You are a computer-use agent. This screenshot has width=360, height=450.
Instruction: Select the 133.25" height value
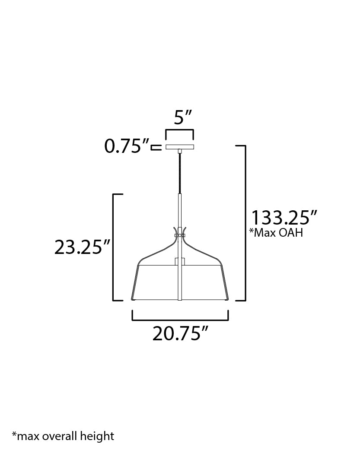(285, 217)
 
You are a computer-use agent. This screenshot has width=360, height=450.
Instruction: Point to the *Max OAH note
(276, 233)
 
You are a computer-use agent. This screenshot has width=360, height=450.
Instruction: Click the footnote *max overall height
(63, 436)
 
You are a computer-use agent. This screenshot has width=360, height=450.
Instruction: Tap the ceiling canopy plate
(180, 147)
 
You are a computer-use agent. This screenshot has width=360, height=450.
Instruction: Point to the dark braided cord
(179, 173)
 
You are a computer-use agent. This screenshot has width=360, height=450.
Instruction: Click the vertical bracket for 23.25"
(114, 247)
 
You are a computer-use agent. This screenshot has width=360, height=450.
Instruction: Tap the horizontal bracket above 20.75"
(180, 319)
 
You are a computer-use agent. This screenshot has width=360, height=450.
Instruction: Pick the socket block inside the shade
(179, 262)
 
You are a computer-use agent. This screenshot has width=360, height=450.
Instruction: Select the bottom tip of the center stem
(179, 299)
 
